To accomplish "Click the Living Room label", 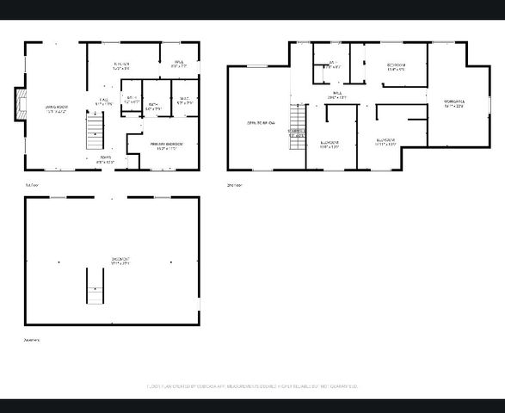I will pos(56,108).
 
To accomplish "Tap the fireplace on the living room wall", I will pos(21,104).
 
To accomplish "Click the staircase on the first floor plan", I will pos(94,133).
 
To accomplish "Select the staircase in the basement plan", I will pos(93,285).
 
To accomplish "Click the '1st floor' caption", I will pos(32,184).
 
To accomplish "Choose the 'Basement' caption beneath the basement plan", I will pos(33,340).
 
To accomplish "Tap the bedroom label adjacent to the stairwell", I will pos(329,143).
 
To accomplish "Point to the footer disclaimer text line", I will pos(253,386).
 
